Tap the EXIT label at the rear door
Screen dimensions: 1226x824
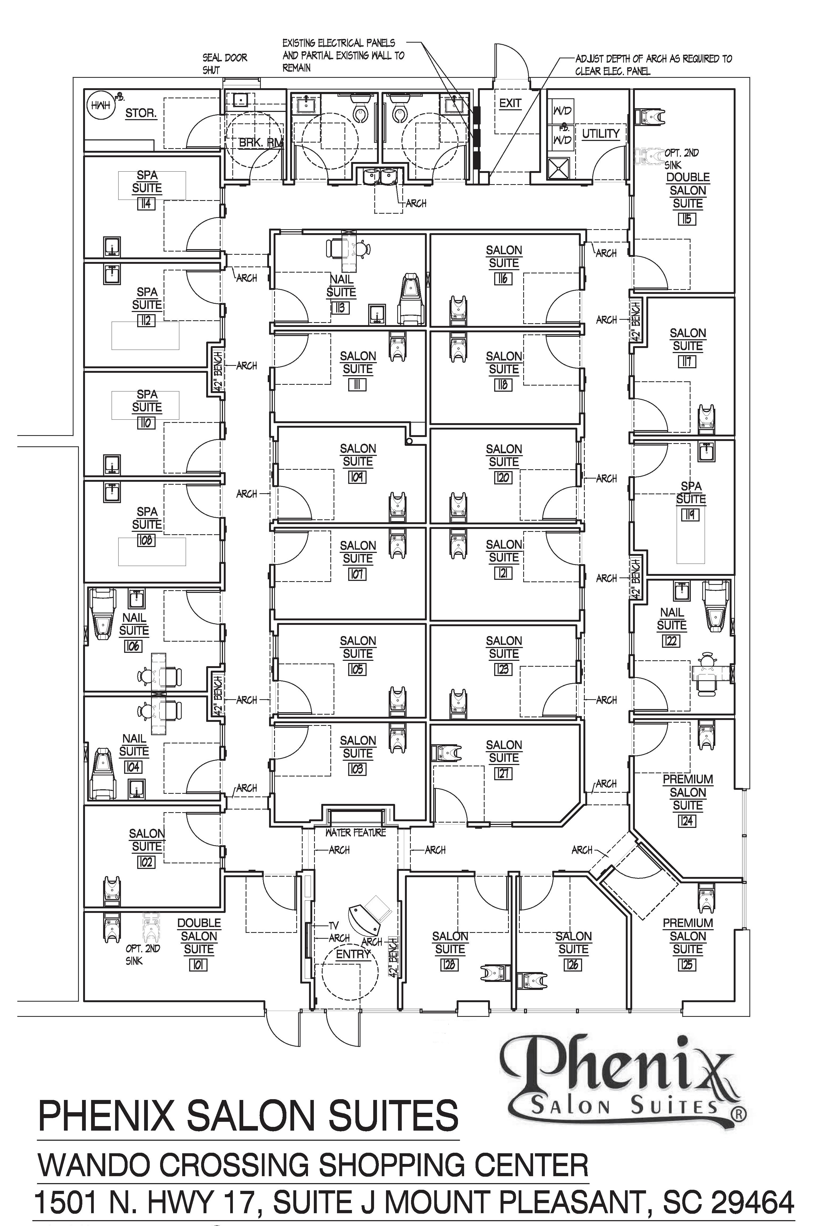click(510, 104)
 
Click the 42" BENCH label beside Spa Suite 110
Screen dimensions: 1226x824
click(218, 371)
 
